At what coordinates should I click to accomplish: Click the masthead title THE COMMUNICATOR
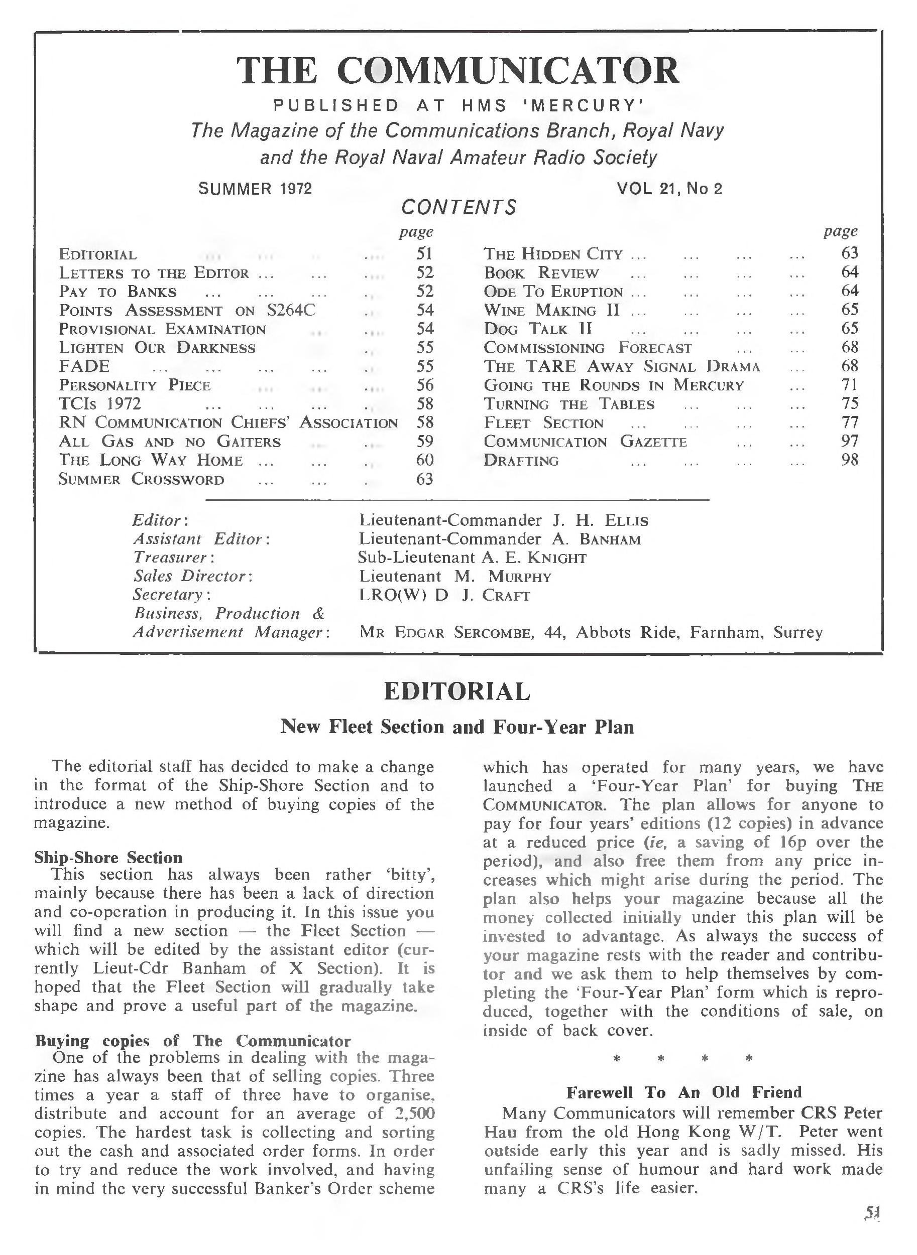(458, 70)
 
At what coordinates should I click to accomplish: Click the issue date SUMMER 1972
(255, 189)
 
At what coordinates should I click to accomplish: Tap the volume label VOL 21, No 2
(669, 189)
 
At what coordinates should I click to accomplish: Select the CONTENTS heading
(458, 207)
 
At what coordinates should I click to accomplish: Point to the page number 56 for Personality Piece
(425, 385)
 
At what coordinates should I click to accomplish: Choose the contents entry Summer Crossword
(142, 479)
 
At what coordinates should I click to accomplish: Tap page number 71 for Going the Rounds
(849, 384)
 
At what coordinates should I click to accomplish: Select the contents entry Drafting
(521, 460)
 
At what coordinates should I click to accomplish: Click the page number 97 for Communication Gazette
(849, 442)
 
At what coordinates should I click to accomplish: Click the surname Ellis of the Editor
(626, 521)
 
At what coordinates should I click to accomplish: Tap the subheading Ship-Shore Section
(108, 858)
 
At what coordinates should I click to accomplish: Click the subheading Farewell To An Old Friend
(684, 1092)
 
